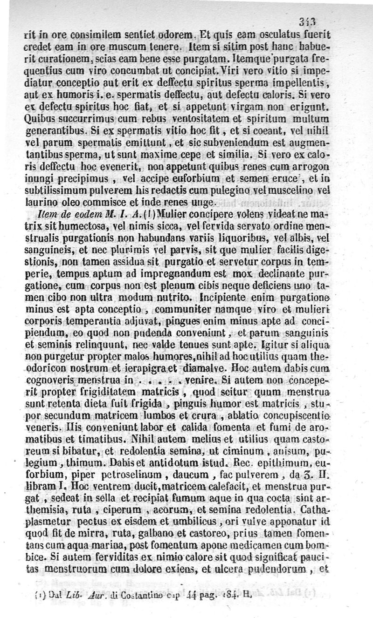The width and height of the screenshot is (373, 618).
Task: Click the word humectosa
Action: [x=70, y=226]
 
